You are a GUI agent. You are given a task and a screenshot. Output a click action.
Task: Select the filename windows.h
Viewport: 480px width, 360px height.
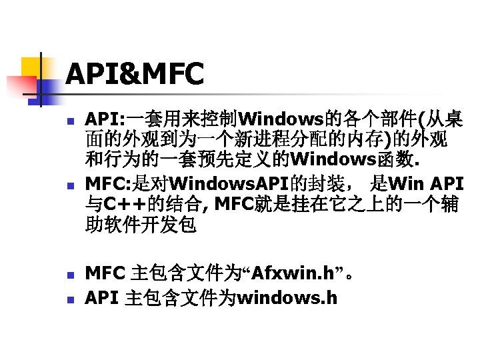287,297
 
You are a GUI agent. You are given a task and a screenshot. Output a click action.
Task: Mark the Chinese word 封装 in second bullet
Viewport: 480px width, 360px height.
340,182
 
